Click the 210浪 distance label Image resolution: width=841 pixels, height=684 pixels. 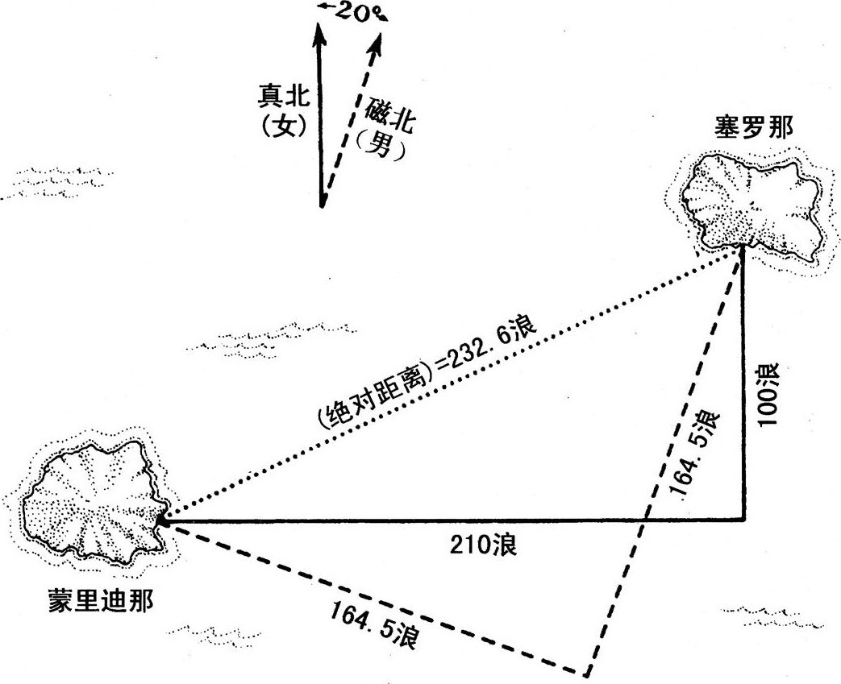(483, 545)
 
